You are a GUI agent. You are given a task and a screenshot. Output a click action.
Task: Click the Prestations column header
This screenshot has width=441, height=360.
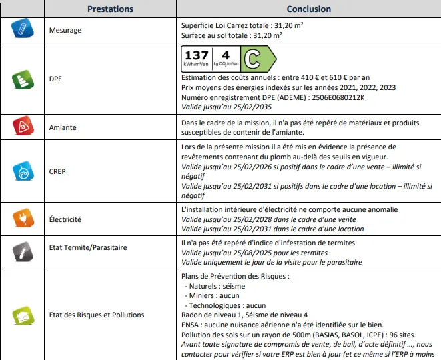[110, 9]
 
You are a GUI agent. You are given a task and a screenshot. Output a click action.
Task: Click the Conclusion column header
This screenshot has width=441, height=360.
[308, 9]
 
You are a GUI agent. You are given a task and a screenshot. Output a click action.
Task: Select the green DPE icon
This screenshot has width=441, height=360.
[21, 81]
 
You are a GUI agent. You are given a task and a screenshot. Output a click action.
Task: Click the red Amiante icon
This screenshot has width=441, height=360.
[21, 126]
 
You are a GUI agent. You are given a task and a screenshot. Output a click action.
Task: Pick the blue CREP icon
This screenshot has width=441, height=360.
[21, 171]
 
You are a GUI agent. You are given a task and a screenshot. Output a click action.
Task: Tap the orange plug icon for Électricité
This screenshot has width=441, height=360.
[21, 218]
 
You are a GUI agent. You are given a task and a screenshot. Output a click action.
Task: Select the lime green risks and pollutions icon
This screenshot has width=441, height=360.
[21, 315]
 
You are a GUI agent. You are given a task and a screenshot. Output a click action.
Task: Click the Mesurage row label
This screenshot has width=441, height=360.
[65, 31]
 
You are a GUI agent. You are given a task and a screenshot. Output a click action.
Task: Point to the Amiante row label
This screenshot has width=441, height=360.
[63, 127]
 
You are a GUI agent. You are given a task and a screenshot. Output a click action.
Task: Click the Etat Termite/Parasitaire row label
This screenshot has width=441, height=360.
[88, 248]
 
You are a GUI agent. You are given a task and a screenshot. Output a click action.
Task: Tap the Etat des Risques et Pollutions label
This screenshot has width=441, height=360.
[97, 315]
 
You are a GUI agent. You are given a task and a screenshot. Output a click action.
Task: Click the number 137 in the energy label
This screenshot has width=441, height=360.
[196, 56]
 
